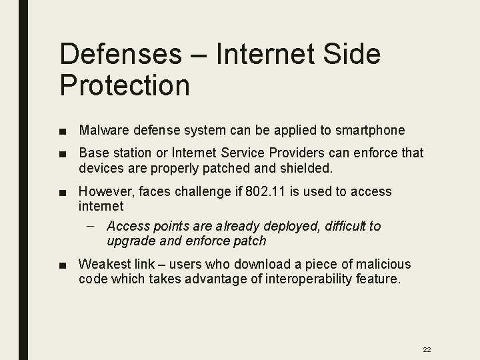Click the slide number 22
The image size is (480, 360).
pyautogui.click(x=427, y=349)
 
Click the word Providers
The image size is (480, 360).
pyautogui.click(x=296, y=153)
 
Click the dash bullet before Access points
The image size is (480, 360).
pyautogui.click(x=90, y=226)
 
